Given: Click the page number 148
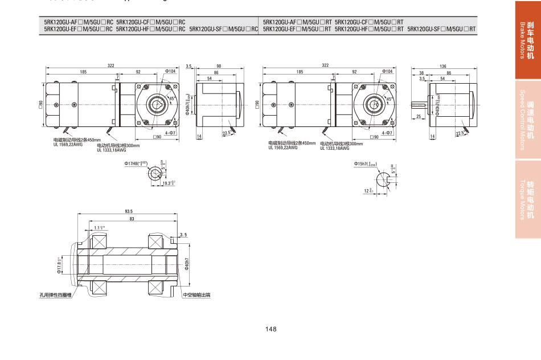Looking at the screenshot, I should click(270, 329).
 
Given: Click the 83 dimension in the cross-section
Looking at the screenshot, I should click(132, 219).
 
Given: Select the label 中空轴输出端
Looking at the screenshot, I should click(196, 295).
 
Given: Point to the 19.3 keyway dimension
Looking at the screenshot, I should click(168, 183).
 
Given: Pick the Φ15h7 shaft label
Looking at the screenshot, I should click(366, 163).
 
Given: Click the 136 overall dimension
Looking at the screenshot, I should click(442, 67).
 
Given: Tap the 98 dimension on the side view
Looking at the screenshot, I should click(219, 67).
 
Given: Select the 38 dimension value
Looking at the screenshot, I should click(421, 73).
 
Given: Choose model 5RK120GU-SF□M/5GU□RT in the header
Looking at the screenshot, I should click(441, 28).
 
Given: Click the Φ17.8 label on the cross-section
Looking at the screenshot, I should click(59, 267).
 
